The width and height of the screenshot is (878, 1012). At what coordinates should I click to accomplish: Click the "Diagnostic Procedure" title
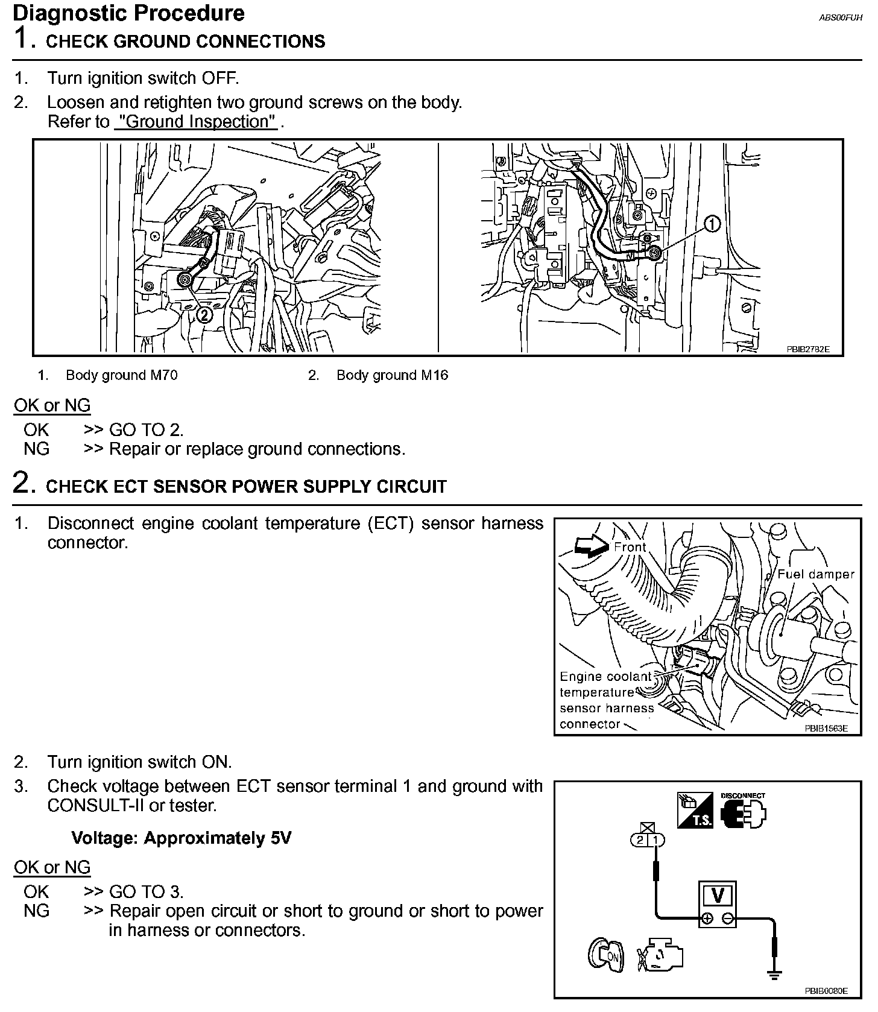pos(128,13)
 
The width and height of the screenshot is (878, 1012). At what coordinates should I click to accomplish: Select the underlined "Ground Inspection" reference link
pos(197,122)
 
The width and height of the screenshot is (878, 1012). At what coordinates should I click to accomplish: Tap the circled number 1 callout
pos(712,224)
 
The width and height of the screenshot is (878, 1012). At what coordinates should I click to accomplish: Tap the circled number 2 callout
pos(204,314)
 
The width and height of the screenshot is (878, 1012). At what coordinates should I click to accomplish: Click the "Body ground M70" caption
pos(121,375)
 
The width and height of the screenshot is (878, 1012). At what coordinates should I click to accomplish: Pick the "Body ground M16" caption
pos(392,375)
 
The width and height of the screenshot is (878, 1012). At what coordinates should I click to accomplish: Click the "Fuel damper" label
pos(815,574)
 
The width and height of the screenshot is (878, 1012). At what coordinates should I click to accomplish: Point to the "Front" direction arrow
pos(592,546)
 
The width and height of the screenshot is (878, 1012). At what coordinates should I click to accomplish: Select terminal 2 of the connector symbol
pos(640,840)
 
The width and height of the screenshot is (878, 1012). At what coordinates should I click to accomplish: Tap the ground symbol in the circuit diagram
pos(775,973)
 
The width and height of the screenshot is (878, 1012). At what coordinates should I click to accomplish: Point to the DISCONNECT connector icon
pos(743,814)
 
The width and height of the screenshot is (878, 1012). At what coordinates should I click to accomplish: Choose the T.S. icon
pos(695,810)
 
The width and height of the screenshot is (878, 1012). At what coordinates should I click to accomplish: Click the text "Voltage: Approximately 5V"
pos(181,838)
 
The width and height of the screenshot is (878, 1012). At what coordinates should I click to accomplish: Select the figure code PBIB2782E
pos(808,349)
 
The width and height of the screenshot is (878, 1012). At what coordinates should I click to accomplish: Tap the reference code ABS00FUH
pos(841,18)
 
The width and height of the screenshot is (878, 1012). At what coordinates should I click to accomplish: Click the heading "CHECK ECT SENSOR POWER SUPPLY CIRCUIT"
pos(246,487)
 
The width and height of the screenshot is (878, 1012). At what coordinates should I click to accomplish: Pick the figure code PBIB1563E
pos(826,728)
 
